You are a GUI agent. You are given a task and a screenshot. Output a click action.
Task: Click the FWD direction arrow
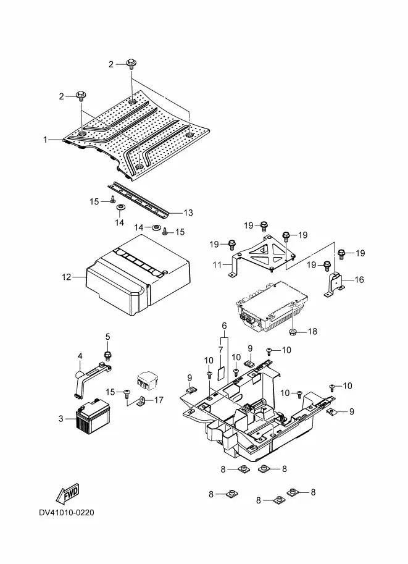tap(67, 493)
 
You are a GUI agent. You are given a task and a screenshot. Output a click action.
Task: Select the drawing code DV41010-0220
tap(67, 512)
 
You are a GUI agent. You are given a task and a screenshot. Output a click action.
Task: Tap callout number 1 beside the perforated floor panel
tap(45, 139)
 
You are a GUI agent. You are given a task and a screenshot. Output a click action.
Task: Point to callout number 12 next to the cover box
tap(67, 277)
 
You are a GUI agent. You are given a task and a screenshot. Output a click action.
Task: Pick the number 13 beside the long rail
tap(188, 213)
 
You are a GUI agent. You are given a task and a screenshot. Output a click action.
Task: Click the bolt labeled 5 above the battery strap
tap(107, 355)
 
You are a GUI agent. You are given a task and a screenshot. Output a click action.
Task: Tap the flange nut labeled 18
tap(293, 331)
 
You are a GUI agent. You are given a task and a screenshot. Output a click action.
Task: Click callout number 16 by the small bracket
tap(359, 279)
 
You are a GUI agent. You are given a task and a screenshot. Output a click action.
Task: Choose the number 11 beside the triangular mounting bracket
tap(217, 265)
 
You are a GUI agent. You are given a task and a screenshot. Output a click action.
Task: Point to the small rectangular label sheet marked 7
tap(222, 374)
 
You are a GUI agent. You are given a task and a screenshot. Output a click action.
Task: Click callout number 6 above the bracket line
tap(224, 326)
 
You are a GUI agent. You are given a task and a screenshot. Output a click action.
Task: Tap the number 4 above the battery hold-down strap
tap(80, 356)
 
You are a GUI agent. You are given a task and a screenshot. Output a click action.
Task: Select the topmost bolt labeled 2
tap(131, 64)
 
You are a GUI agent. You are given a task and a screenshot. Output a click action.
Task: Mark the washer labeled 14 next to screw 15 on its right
tap(156, 227)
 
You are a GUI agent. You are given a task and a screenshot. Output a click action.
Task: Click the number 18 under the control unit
tap(313, 331)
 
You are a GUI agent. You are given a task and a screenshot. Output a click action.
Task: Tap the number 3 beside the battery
tap(60, 419)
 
